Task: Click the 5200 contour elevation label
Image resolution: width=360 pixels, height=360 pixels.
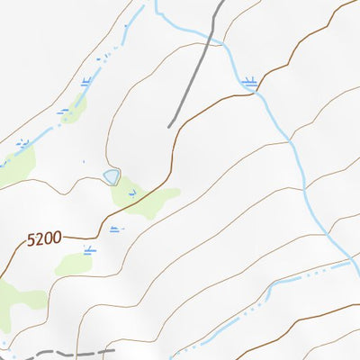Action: pyautogui.click(x=43, y=238)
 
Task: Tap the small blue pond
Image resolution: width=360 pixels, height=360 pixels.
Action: pyautogui.click(x=111, y=175)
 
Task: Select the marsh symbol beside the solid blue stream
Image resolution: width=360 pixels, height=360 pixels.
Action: pyautogui.click(x=250, y=83)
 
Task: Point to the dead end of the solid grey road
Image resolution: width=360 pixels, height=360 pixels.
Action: pyautogui.click(x=169, y=127)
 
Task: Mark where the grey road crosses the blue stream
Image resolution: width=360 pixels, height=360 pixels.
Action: pyautogui.click(x=213, y=36)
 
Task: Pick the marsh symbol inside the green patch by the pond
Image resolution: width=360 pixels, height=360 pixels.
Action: pyautogui.click(x=132, y=193)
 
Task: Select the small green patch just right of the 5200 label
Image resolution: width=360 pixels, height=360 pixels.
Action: pyautogui.click(x=74, y=264)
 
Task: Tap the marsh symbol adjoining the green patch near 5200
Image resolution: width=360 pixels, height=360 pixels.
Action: pyautogui.click(x=88, y=249)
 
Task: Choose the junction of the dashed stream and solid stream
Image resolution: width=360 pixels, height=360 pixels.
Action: pyautogui.click(x=349, y=263)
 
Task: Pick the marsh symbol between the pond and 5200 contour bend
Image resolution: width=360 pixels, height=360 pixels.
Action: pyautogui.click(x=114, y=229)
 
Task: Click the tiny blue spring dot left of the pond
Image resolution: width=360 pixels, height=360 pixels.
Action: pyautogui.click(x=84, y=163)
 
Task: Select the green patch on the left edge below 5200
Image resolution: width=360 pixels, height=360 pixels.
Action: pyautogui.click(x=11, y=301)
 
